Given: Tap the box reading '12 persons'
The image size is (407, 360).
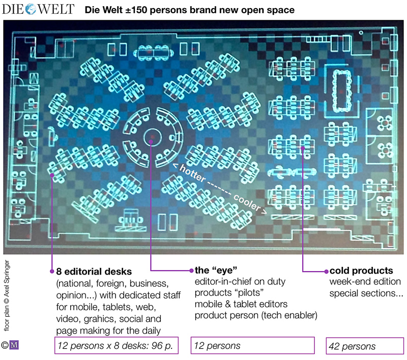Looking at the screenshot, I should [x=252, y=346].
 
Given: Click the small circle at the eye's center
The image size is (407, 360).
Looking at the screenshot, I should [x=152, y=137].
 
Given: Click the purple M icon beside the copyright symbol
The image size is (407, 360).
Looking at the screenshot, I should [x=14, y=345].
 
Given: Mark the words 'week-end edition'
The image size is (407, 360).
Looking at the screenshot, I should [x=365, y=282].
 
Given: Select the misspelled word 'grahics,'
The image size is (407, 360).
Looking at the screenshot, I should [x=108, y=319].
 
